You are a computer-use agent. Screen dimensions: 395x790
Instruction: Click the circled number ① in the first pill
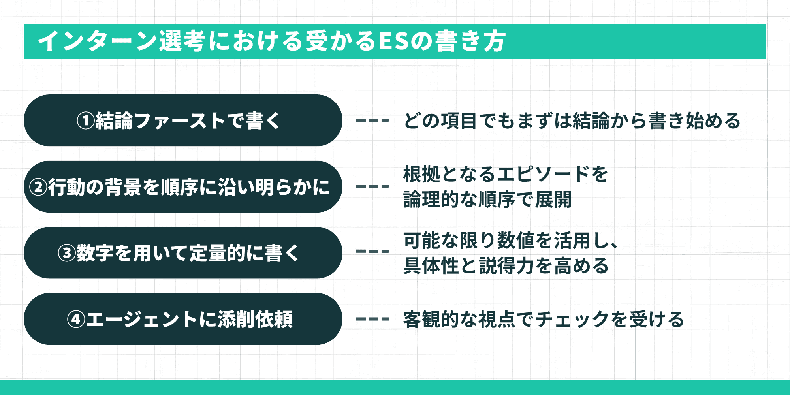tap(85, 121)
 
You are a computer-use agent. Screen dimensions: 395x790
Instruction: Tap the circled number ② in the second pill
tap(39, 187)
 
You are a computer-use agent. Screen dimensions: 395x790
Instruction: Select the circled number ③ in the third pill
tap(67, 253)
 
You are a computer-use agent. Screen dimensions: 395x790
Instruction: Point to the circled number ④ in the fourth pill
tap(76, 319)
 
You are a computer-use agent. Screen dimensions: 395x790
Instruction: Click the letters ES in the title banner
tap(393, 41)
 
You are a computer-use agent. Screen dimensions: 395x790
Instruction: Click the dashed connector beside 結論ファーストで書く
tap(372, 120)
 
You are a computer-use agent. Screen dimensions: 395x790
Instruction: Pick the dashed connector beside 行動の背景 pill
tap(372, 186)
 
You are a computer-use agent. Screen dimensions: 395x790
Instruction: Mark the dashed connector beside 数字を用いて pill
tap(372, 251)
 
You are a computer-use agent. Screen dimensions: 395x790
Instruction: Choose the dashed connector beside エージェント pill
tap(372, 319)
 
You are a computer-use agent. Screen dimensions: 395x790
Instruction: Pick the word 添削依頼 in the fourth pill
tap(255, 319)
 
